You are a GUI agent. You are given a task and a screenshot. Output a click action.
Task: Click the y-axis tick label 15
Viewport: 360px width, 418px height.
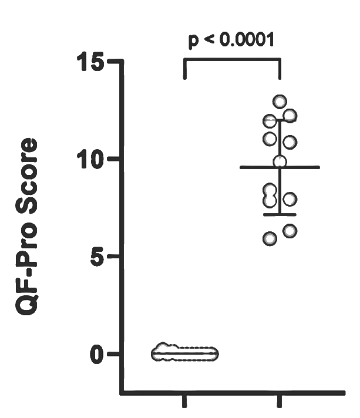90,62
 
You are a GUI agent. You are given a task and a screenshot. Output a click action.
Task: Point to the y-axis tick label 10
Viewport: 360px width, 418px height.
90,159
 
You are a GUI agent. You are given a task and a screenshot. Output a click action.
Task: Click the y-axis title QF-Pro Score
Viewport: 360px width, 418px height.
26,227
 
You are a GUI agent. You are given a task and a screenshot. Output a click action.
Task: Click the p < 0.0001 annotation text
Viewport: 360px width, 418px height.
231,41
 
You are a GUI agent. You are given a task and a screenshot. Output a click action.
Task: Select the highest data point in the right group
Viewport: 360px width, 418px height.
280,102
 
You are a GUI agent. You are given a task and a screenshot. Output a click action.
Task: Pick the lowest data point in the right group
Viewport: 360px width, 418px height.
270,238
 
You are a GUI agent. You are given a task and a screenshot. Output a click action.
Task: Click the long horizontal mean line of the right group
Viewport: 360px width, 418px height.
280,167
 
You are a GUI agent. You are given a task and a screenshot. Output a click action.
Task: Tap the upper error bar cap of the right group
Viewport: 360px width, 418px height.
280,120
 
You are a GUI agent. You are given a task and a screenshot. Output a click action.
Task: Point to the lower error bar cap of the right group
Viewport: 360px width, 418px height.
280,214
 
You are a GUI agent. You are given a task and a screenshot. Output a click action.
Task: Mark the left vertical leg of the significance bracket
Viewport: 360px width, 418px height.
185,69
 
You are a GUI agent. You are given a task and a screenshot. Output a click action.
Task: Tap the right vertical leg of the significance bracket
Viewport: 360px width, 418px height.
280,69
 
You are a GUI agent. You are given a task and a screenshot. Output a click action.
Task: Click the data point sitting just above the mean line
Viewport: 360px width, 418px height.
280,161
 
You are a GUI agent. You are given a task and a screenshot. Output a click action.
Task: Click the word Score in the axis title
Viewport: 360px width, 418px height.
26,176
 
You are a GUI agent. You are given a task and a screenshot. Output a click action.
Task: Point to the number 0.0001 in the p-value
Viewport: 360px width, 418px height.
247,40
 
